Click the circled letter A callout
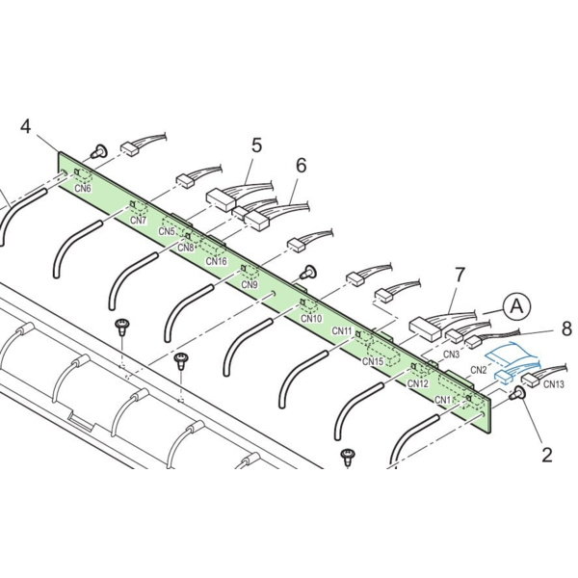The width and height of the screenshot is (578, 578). pyautogui.click(x=516, y=305)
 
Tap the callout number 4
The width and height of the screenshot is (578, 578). pyautogui.click(x=25, y=126)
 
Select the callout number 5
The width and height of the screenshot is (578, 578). pyautogui.click(x=256, y=145)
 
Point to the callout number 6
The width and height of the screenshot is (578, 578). pyautogui.click(x=302, y=166)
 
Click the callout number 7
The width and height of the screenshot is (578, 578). pyautogui.click(x=460, y=275)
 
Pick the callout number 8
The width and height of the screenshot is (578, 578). pyautogui.click(x=566, y=328)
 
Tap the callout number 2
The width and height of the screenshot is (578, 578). pyautogui.click(x=547, y=455)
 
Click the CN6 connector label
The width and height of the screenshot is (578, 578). pyautogui.click(x=83, y=189)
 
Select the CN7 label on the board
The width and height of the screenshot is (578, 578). pyautogui.click(x=139, y=220)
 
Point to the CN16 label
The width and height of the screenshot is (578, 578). pyautogui.click(x=217, y=261)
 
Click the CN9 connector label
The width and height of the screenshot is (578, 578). pyautogui.click(x=250, y=284)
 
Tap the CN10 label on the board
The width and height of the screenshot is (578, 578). pyautogui.click(x=311, y=318)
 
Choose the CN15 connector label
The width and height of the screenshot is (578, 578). pyautogui.click(x=373, y=361)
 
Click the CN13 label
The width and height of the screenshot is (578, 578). pyautogui.click(x=554, y=384)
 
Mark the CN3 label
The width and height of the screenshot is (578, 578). pyautogui.click(x=451, y=355)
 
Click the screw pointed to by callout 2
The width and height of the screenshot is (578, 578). pyautogui.click(x=517, y=394)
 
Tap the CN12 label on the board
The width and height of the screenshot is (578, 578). pyautogui.click(x=418, y=383)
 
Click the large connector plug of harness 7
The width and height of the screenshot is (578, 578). pyautogui.click(x=425, y=328)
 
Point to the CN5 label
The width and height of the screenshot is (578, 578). pyautogui.click(x=167, y=231)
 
